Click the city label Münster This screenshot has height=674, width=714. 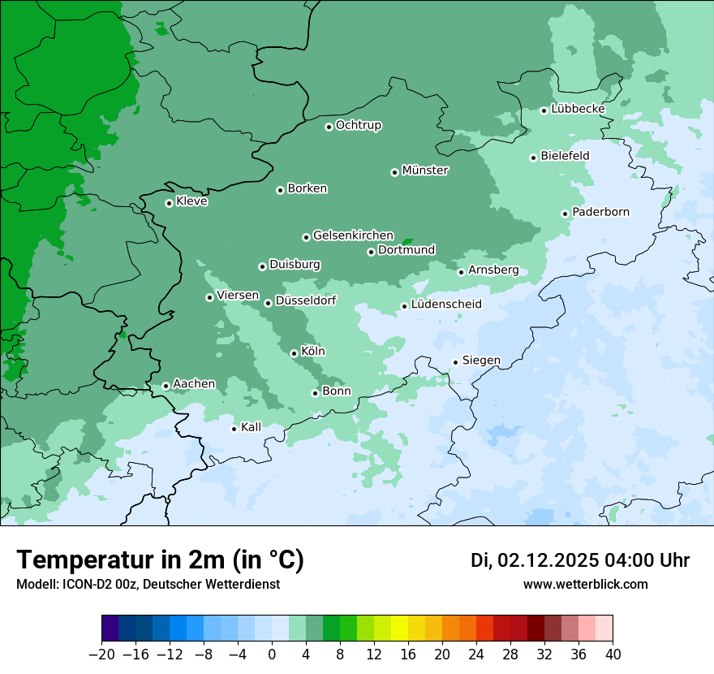click(425, 171)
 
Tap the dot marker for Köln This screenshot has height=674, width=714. click(294, 353)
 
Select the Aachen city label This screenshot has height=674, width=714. click(194, 384)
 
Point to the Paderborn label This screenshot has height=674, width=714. click(600, 213)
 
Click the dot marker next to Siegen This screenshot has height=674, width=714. click(455, 362)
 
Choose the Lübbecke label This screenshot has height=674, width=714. click(578, 109)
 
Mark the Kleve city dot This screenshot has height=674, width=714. click(169, 203)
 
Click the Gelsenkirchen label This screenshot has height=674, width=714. click(353, 235)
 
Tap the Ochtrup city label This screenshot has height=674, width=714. click(359, 125)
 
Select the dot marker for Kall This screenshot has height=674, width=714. click(234, 429)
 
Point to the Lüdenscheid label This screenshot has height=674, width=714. click(446, 305)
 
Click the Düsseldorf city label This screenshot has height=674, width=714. click(306, 300)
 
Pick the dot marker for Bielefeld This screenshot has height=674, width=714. click(533, 158)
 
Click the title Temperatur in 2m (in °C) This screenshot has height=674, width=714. click(160, 560)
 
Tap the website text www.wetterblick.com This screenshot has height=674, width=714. click(585, 584)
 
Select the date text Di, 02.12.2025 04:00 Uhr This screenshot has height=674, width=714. click(580, 560)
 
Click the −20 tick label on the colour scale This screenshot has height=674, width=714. click(101, 655)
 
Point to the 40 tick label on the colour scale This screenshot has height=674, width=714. click(613, 655)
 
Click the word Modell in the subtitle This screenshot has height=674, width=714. click(35, 584)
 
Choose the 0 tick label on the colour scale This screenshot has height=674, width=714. click(272, 655)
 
